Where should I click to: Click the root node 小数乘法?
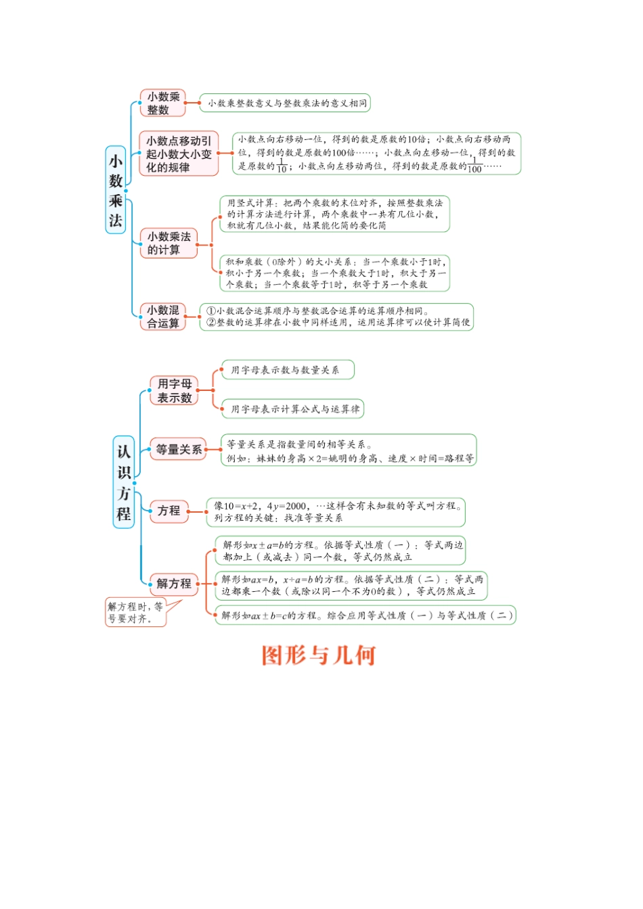click(116, 190)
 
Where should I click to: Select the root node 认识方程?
click(124, 482)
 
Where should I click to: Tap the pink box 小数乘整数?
click(162, 103)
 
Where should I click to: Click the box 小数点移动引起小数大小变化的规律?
click(179, 154)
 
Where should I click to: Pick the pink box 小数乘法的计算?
click(169, 243)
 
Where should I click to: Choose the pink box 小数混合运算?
click(163, 317)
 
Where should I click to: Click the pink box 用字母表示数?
click(175, 391)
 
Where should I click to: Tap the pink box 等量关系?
click(178, 449)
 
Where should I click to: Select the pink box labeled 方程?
click(169, 511)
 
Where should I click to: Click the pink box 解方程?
click(174, 584)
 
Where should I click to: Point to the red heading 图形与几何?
click(319, 655)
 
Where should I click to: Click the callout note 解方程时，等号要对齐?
click(135, 612)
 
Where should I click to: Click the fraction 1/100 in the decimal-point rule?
click(474, 166)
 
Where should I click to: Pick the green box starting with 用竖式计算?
click(334, 214)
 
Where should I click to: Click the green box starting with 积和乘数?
click(334, 273)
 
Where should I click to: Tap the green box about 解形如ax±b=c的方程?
click(365, 615)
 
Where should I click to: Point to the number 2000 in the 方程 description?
click(295, 506)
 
